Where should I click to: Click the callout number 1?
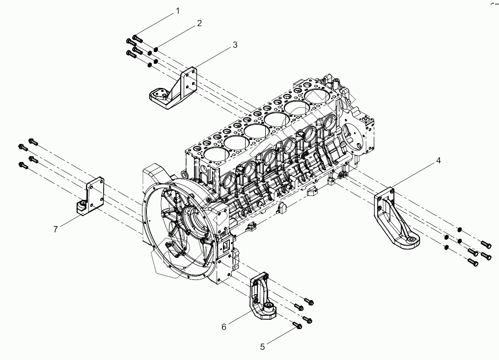click(178, 11)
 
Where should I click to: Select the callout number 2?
click(199, 23)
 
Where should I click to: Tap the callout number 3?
click(235, 45)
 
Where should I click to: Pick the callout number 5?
click(263, 347)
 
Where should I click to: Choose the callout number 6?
click(224, 326)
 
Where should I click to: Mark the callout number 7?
click(56, 229)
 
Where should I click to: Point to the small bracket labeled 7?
click(90, 196)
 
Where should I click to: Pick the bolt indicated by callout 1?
click(137, 38)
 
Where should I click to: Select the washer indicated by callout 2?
click(156, 49)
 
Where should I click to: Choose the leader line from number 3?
click(211, 59)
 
